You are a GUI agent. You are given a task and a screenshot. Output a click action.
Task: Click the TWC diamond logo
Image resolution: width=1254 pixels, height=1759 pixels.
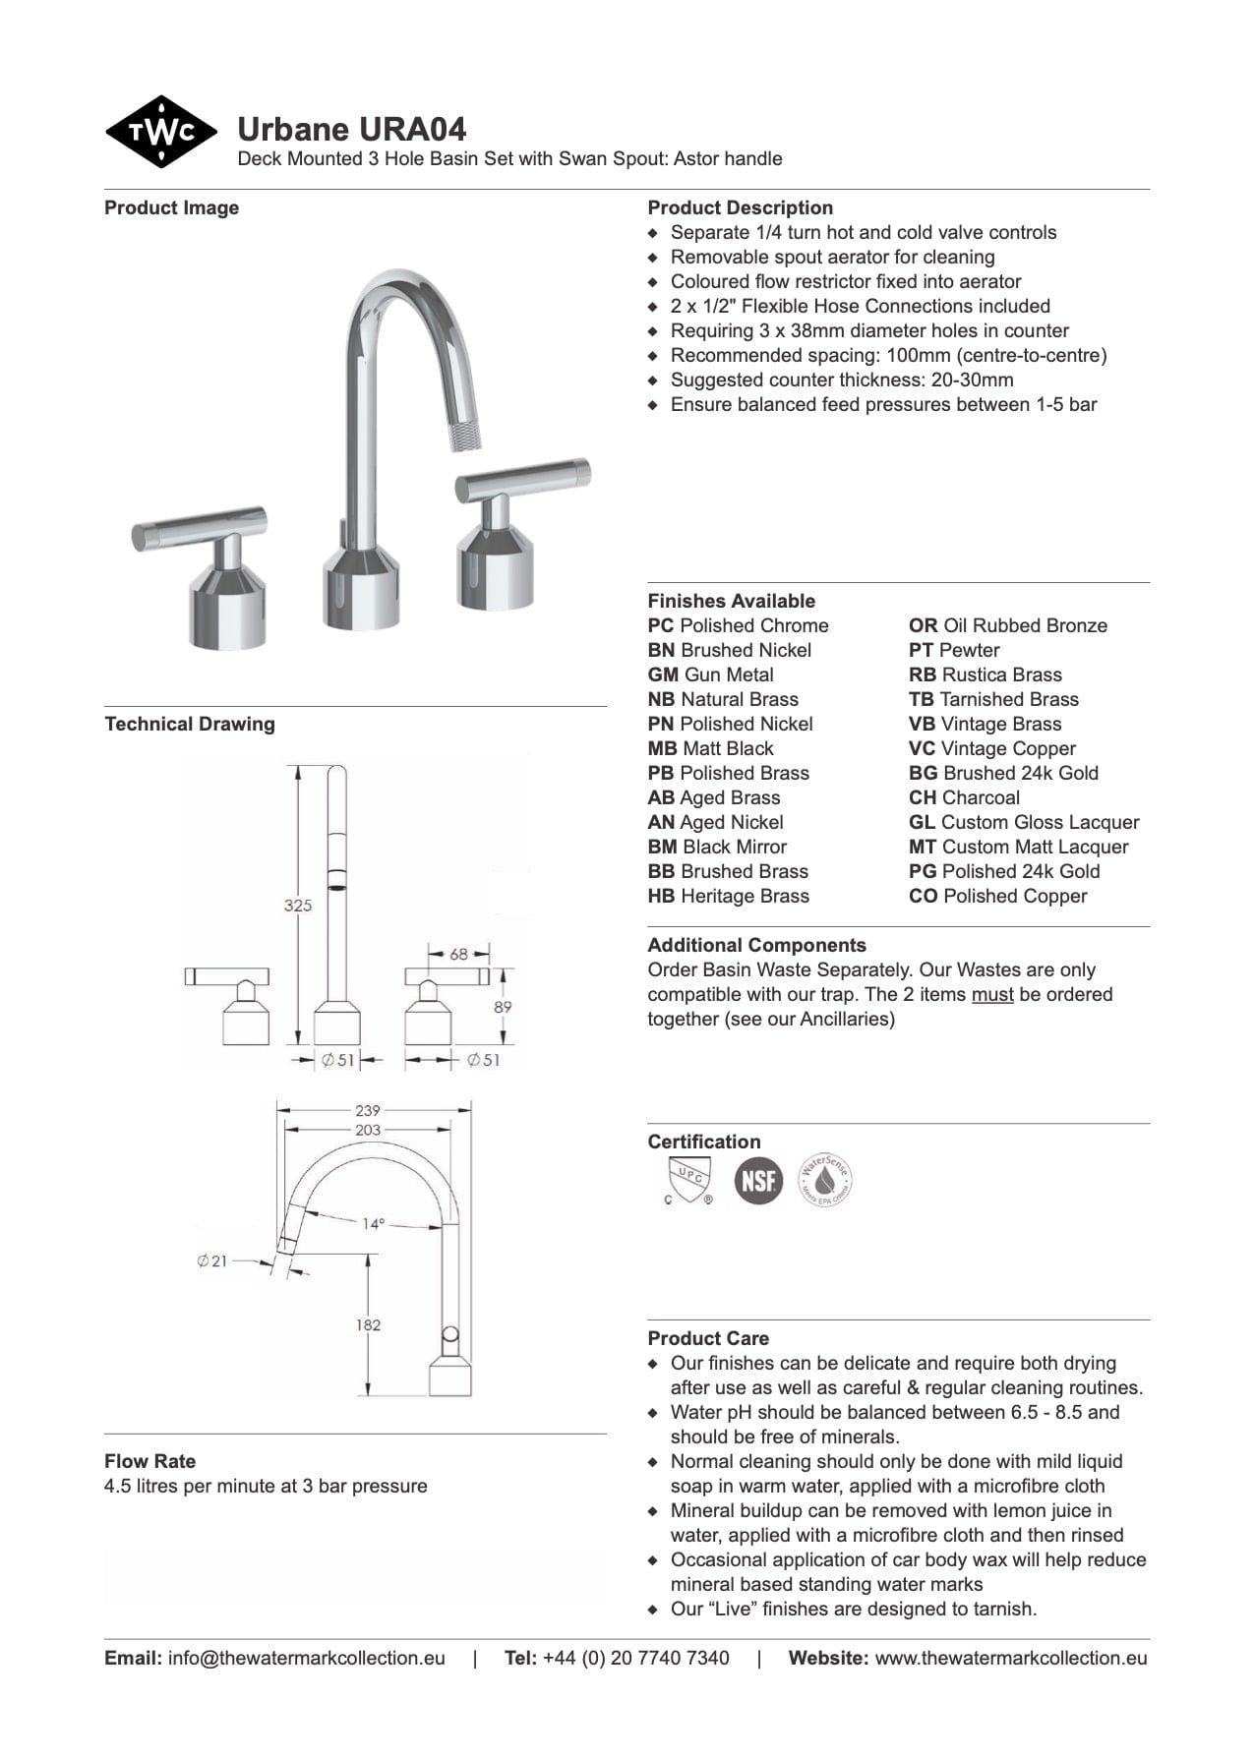[x=161, y=132]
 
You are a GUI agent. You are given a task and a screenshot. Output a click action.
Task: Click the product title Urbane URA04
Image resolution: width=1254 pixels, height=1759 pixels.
[x=351, y=129]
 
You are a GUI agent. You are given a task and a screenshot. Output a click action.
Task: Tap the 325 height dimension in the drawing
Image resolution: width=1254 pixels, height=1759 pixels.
[x=297, y=905]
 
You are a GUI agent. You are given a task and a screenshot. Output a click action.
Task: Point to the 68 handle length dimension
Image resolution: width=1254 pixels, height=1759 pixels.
[x=458, y=954]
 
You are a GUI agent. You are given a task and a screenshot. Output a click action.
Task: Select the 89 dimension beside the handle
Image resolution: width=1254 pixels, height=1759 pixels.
[x=503, y=1007]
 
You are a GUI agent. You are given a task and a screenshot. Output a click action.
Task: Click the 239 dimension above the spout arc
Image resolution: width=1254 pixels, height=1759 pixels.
[x=368, y=1110]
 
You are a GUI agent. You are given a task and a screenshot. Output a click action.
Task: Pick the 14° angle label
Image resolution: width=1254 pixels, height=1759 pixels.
[x=373, y=1224]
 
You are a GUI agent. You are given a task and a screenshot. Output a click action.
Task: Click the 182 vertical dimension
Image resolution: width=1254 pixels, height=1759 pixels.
[x=368, y=1324]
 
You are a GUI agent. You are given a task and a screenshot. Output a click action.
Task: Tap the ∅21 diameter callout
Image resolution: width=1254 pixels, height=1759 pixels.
[x=211, y=1261]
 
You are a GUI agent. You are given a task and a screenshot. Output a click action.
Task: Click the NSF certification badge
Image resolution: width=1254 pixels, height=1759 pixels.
[x=758, y=1180]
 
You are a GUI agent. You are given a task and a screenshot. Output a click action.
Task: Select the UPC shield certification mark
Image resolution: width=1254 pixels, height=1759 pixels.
[x=687, y=1180]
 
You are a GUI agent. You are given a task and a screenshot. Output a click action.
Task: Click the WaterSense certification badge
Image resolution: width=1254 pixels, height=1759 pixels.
[x=824, y=1180]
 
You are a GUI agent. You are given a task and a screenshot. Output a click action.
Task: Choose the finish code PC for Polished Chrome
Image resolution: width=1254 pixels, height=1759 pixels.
[x=661, y=625]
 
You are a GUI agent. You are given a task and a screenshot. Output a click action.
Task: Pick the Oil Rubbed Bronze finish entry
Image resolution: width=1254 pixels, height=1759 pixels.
[x=1007, y=625]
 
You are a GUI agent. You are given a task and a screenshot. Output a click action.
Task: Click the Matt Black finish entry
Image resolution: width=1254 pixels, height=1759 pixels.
[x=710, y=748]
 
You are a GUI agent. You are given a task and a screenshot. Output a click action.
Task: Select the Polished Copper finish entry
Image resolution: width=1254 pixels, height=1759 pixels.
[x=997, y=896]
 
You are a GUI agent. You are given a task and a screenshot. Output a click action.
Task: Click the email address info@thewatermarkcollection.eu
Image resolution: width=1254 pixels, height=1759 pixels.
[x=306, y=1658]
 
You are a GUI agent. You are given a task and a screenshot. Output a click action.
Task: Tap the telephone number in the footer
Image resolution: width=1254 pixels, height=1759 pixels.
[x=635, y=1658]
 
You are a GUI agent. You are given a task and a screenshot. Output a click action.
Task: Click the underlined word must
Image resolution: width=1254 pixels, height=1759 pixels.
[x=991, y=994]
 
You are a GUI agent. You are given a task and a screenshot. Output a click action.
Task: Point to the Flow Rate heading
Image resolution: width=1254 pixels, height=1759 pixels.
[x=149, y=1461]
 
